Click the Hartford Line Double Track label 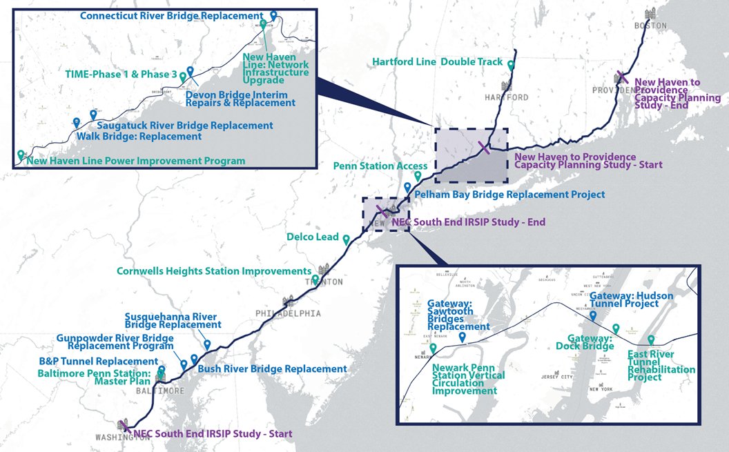click(x=438, y=62)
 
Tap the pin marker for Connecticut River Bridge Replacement click(x=273, y=14)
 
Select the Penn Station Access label click(x=380, y=166)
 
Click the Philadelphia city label click(x=288, y=313)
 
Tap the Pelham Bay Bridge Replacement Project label click(x=509, y=195)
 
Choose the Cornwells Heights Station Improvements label click(x=214, y=271)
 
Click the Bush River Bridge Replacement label click(x=272, y=369)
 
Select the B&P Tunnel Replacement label click(x=99, y=362)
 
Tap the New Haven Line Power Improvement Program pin click(x=21, y=154)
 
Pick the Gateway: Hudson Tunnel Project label click(x=631, y=300)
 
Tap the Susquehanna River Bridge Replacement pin click(x=207, y=344)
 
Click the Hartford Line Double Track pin click(x=511, y=65)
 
